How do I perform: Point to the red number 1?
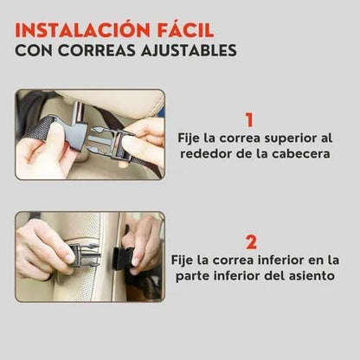coord(249,120)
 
